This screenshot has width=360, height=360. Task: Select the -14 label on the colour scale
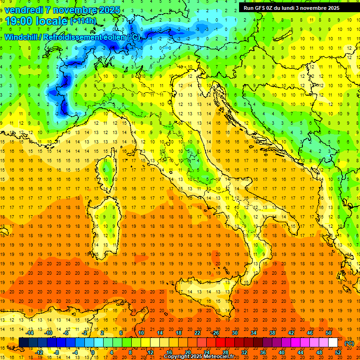tap(30, 333)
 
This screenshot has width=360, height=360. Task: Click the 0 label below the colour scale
tap(92, 352)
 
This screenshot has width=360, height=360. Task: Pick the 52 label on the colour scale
tap(338, 352)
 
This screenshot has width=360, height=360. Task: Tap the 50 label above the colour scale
tap(329, 333)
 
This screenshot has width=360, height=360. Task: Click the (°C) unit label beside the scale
tap(349, 343)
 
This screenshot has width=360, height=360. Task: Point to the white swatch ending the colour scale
tap(333, 343)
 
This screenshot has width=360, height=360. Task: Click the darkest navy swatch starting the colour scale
tap(23, 343)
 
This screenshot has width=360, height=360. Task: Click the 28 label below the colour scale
tap(225, 352)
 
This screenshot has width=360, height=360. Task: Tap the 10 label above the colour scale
tap(141, 333)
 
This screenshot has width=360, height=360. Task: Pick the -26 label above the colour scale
tap(215, 333)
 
